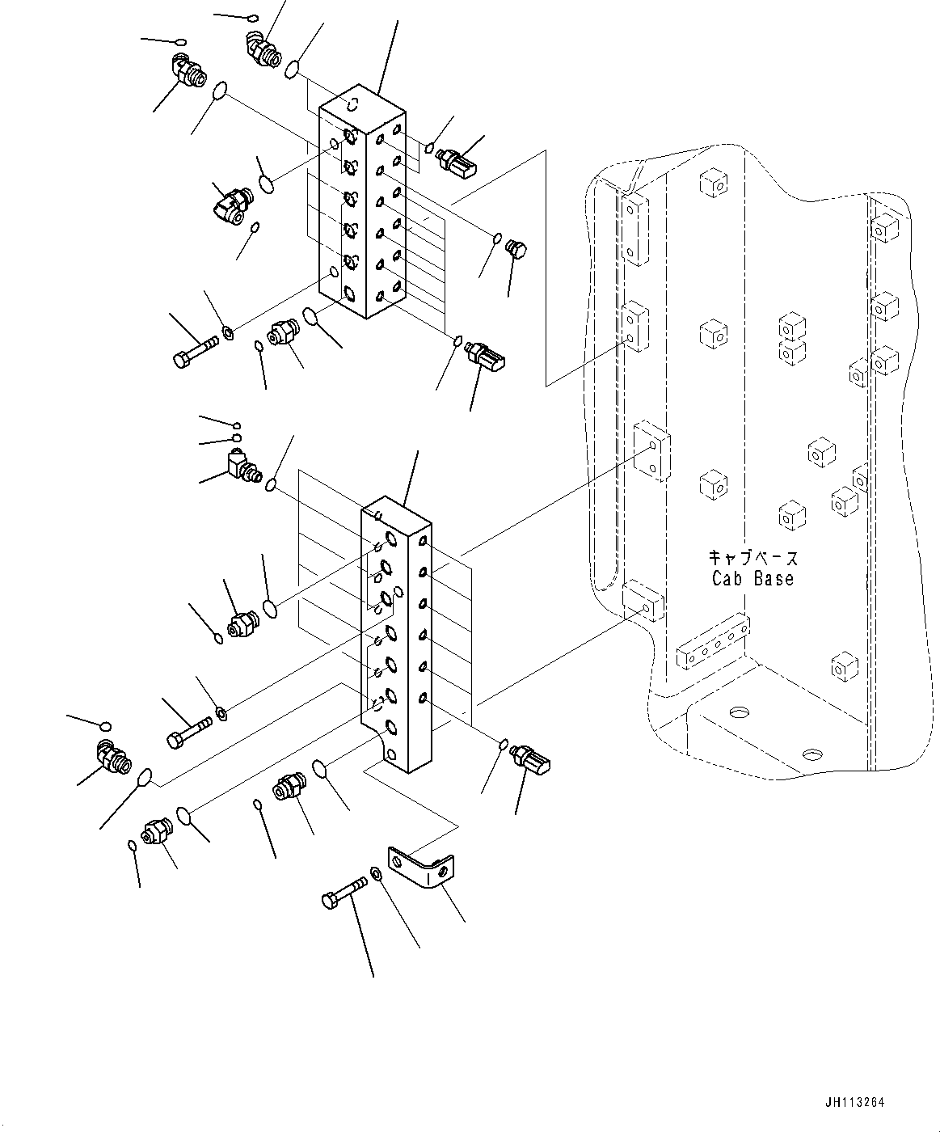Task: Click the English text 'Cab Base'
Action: pyautogui.click(x=752, y=579)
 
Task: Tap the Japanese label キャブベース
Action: pyautogui.click(x=752, y=558)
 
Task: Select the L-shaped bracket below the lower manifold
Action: pyautogui.click(x=419, y=867)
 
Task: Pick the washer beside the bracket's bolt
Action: pyautogui.click(x=377, y=874)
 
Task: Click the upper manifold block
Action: pyautogui.click(x=360, y=206)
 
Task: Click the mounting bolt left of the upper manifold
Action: pyautogui.click(x=195, y=351)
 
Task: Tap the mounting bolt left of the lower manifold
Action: pyautogui.click(x=188, y=733)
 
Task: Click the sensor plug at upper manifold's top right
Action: pyautogui.click(x=457, y=161)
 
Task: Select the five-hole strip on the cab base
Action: pyautogui.click(x=714, y=640)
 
